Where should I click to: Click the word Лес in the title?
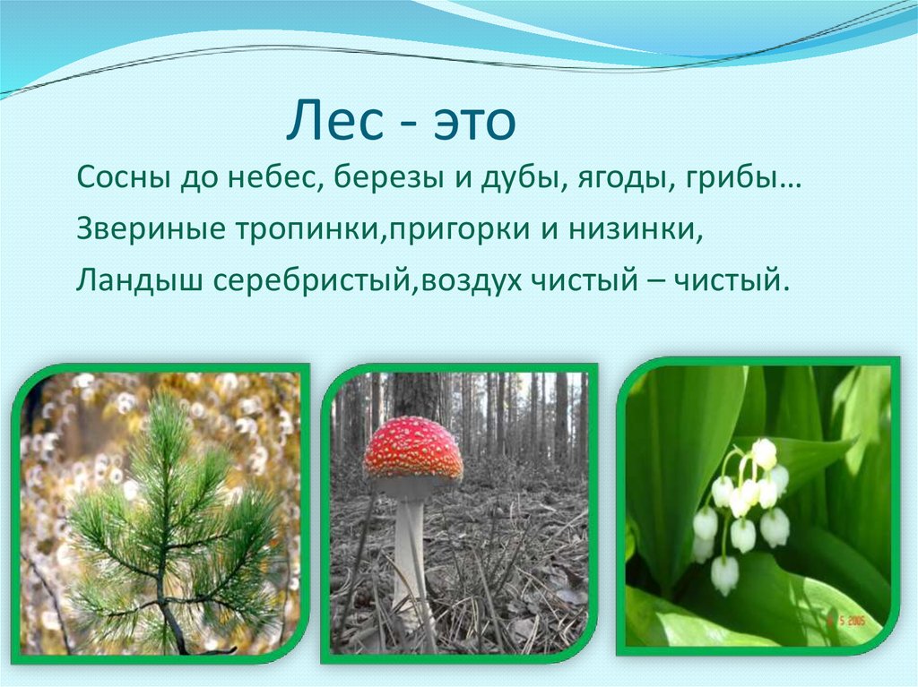[x=328, y=125]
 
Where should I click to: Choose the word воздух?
[x=478, y=280]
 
